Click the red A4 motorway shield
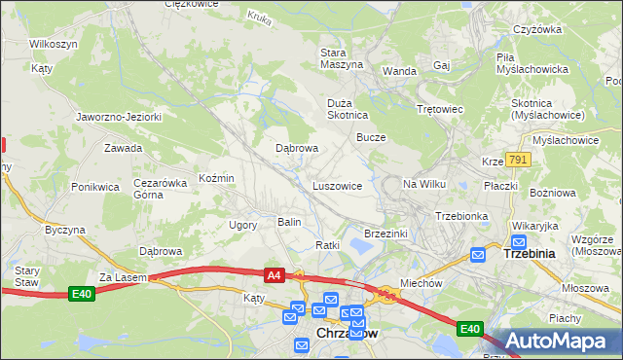pos(274,275)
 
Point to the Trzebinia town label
pos(529,253)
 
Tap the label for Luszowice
pos(338,185)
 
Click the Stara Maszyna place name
pos(342,57)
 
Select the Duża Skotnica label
pos(346,107)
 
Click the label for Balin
pos(289,223)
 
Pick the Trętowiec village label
pos(439,109)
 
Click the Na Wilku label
pos(423,184)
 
